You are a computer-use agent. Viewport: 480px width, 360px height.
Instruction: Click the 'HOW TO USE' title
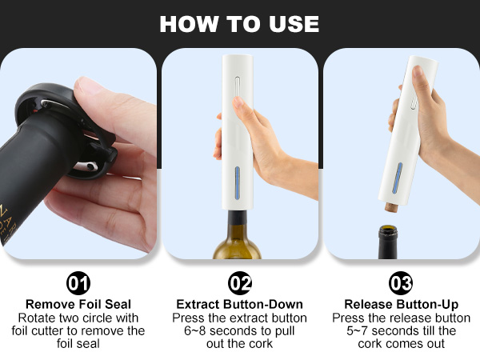coord(239,23)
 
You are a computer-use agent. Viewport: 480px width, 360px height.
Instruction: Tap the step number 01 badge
coord(78,283)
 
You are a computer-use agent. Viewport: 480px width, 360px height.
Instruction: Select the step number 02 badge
coord(240,283)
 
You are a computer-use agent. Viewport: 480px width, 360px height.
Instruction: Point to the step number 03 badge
coord(401,283)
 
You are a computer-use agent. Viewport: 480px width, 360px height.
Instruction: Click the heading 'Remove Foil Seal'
coord(78,304)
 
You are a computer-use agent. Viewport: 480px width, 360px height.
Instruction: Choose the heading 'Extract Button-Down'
coord(240,304)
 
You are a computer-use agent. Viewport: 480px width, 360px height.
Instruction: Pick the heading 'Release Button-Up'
coord(401,304)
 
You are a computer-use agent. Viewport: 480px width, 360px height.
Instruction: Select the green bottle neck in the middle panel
coord(238,236)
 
